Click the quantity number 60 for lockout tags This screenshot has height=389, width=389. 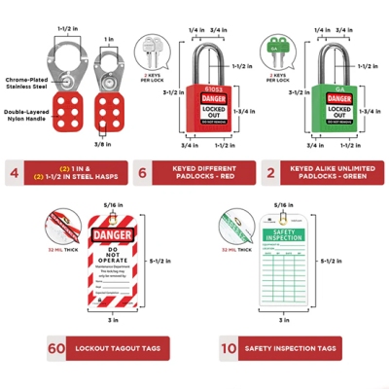click(x=55, y=348)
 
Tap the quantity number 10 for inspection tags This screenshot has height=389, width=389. click(x=228, y=348)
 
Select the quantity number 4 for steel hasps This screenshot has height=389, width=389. click(x=15, y=175)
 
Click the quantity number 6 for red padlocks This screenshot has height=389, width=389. click(x=142, y=175)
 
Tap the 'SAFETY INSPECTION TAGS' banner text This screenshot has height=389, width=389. click(x=291, y=348)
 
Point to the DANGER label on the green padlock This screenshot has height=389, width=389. click(x=340, y=98)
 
